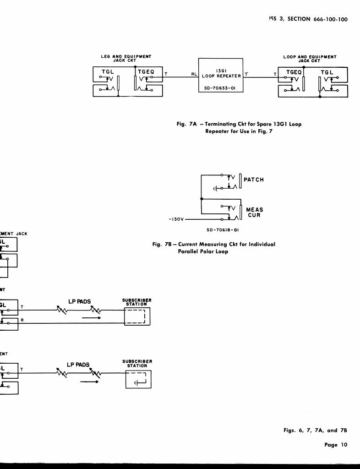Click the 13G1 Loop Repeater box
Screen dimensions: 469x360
click(x=220, y=75)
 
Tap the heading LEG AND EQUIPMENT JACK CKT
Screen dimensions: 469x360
click(x=126, y=59)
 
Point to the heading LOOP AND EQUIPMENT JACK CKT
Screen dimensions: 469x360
click(x=310, y=59)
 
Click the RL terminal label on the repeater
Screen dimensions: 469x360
click(x=194, y=74)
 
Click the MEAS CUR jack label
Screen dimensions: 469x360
click(x=255, y=212)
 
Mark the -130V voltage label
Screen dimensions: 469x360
click(x=176, y=219)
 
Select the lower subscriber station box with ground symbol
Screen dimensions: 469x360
click(x=138, y=379)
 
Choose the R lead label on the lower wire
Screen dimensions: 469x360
click(x=22, y=320)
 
